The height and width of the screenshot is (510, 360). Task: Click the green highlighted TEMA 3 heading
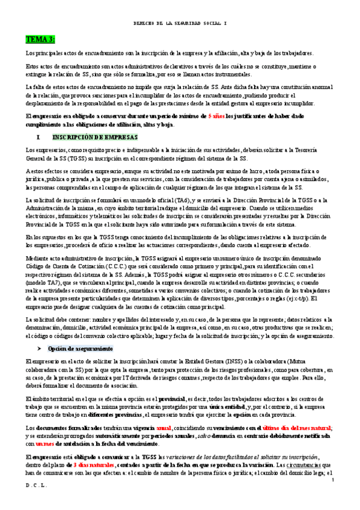pyautogui.click(x=40, y=40)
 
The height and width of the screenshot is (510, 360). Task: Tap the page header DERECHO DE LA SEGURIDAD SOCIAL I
pyautogui.click(x=180, y=25)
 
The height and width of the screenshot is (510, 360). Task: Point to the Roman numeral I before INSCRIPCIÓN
pyautogui.click(x=38, y=137)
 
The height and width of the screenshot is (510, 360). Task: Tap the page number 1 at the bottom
pyautogui.click(x=332, y=497)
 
